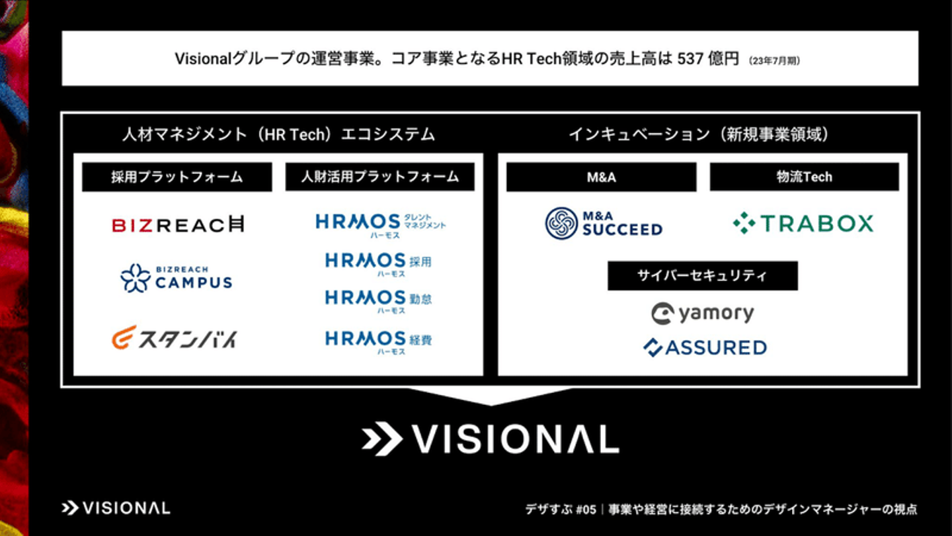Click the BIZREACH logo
click(178, 224)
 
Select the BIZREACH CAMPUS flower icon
click(136, 278)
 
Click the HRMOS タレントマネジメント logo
click(381, 225)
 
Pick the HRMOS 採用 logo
click(379, 264)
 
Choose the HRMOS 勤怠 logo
click(379, 301)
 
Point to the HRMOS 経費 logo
click(379, 343)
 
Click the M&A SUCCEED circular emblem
click(561, 224)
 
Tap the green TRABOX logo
click(803, 224)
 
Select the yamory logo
click(703, 314)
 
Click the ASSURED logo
click(705, 347)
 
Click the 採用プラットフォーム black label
click(177, 177)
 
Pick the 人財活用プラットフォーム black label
click(380, 177)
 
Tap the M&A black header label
click(602, 177)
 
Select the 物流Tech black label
click(805, 177)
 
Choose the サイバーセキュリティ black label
click(703, 276)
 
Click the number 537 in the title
click(690, 58)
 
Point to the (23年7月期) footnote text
click(774, 61)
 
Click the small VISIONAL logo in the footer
click(116, 508)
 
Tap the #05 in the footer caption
click(586, 510)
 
